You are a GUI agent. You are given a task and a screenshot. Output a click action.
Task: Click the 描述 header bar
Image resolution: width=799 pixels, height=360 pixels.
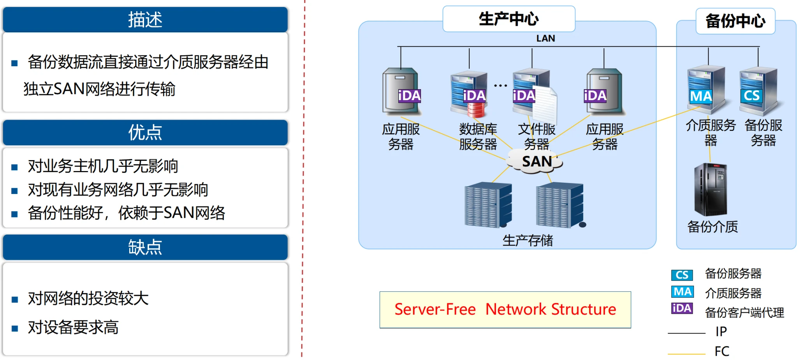click(145, 19)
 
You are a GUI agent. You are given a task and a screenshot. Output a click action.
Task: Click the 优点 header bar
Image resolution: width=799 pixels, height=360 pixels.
click(145, 132)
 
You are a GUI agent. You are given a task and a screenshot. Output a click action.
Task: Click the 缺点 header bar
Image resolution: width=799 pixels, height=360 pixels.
click(145, 247)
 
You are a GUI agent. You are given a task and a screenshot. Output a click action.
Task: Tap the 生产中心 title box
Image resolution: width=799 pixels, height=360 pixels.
click(509, 19)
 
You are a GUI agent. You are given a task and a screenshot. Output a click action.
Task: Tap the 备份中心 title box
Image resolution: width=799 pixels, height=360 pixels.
click(735, 21)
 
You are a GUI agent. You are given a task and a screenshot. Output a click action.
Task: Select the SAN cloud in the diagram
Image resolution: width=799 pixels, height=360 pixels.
click(536, 161)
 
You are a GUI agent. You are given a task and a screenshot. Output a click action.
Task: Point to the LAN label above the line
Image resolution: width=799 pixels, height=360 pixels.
click(546, 38)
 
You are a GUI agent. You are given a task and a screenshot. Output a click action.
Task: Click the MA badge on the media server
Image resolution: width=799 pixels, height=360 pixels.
click(701, 96)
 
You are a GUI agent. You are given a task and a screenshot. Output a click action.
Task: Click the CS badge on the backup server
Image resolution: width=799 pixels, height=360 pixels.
click(751, 96)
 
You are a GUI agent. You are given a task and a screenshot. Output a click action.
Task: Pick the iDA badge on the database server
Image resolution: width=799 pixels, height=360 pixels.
click(474, 95)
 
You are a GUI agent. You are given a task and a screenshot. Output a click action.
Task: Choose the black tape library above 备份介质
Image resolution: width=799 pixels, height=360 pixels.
click(710, 190)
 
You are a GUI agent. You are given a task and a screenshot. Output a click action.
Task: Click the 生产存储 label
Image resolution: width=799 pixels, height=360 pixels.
click(528, 240)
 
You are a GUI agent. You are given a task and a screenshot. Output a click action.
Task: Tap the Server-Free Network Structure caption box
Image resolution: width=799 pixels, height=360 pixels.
click(505, 310)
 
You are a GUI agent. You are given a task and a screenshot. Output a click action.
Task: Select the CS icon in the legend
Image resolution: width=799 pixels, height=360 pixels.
click(682, 275)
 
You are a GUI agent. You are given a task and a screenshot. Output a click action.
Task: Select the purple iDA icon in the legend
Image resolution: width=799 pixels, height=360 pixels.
click(682, 308)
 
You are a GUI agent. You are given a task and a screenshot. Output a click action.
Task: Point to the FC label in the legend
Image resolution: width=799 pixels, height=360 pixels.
click(722, 351)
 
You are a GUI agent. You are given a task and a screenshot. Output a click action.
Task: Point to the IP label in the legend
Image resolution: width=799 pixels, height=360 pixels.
click(721, 332)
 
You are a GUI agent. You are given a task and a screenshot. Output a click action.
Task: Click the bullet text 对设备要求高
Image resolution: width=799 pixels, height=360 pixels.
click(73, 327)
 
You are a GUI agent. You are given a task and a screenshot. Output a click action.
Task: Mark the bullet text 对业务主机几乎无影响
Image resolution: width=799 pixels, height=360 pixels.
click(103, 166)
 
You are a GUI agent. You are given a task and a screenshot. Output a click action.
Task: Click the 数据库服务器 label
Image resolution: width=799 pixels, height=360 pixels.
click(478, 136)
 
